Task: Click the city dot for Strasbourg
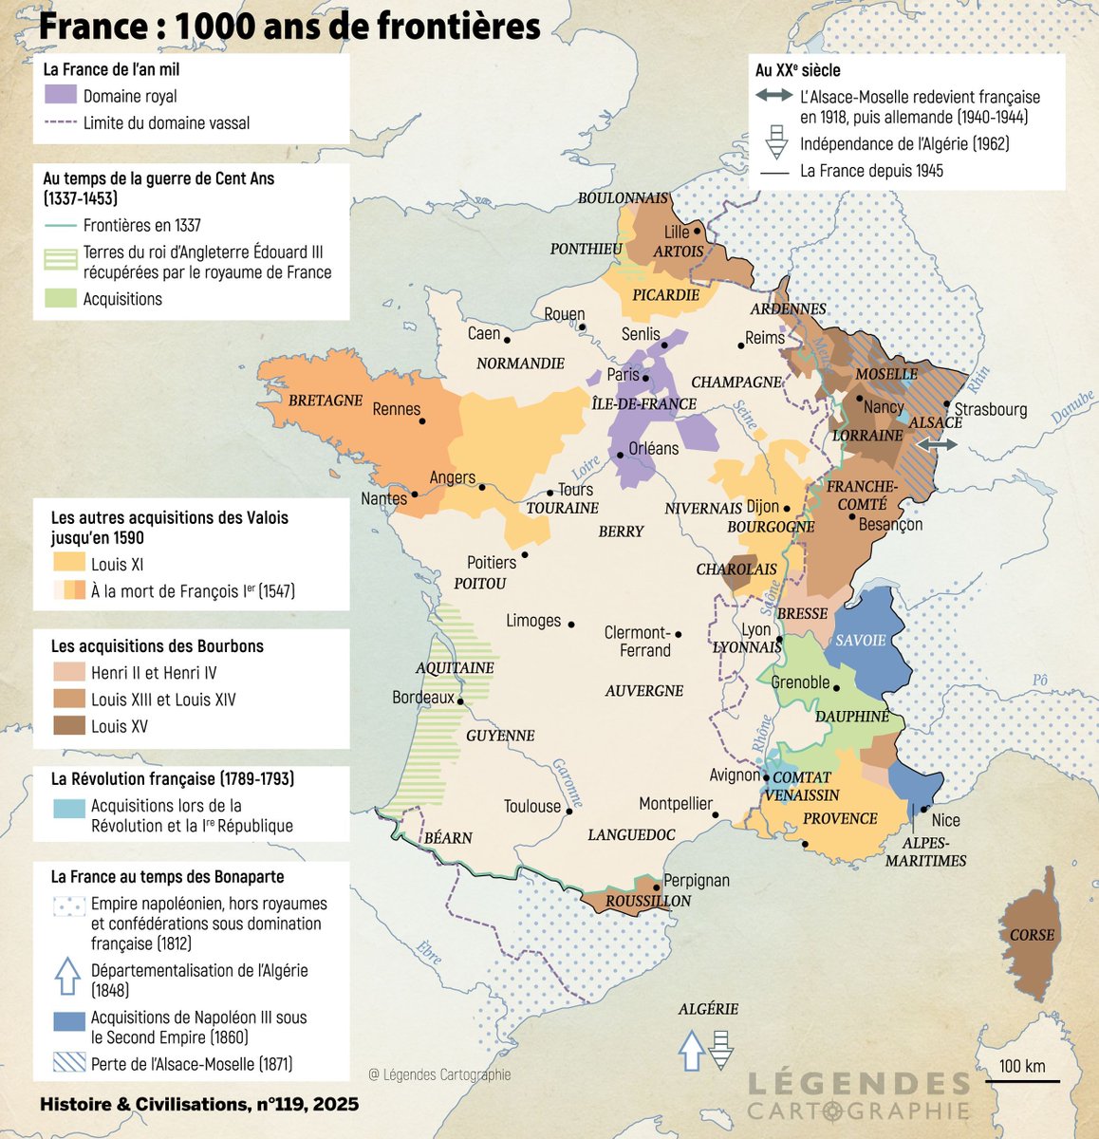pos(947,403)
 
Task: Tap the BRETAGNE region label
pos(326,401)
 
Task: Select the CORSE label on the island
pos(1032,935)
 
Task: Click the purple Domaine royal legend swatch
pos(61,95)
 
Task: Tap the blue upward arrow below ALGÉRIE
pos(692,1050)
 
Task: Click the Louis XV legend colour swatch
pos(68,726)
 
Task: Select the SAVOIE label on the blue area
pos(860,641)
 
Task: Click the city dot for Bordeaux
pos(460,702)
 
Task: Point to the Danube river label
pos(1071,406)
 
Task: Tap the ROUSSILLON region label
pos(648,901)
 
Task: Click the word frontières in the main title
pos(458,26)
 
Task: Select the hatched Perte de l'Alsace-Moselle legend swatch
pos(68,1063)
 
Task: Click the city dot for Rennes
pos(422,421)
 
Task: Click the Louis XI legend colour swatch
pos(68,564)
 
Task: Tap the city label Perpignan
pos(697,880)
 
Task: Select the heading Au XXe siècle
pos(797,70)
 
